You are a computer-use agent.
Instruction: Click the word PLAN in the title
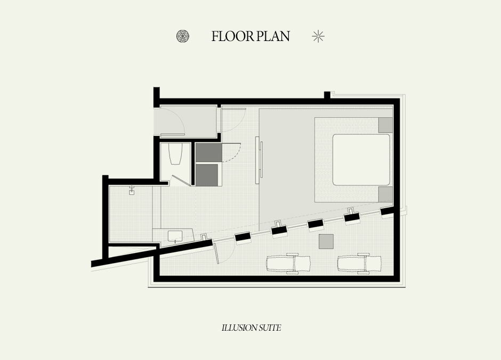[273, 36]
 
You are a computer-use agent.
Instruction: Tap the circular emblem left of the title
[183, 36]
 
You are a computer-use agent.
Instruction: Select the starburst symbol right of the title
[318, 36]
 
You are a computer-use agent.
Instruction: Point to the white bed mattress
[361, 160]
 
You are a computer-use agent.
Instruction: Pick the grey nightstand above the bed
[385, 125]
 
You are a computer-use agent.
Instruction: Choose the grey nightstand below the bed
[385, 194]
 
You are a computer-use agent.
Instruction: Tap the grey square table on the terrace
[326, 241]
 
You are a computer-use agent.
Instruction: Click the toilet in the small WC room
[175, 153]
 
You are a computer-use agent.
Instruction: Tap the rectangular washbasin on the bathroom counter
[175, 236]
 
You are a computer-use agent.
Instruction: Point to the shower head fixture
[131, 190]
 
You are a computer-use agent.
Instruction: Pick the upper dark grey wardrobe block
[208, 152]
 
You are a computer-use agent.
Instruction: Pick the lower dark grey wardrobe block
[207, 174]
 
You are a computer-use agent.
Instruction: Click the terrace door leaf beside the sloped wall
[216, 253]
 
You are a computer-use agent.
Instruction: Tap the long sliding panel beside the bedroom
[257, 160]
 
